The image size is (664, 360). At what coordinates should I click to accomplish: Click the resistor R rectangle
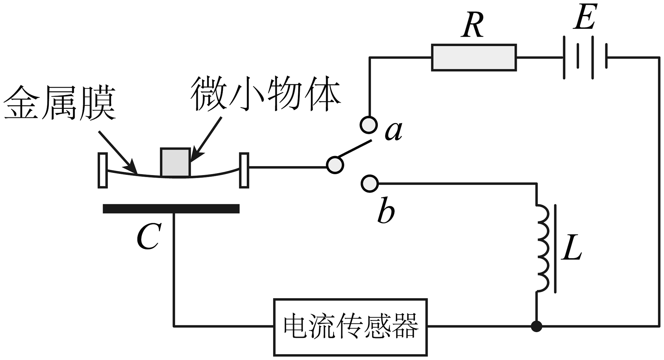pyautogui.click(x=474, y=58)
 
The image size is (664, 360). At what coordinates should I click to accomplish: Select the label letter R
pyautogui.click(x=473, y=26)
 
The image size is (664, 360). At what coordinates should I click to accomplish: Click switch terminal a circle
pyautogui.click(x=369, y=125)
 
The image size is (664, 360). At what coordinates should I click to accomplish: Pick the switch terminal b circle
pyautogui.click(x=369, y=184)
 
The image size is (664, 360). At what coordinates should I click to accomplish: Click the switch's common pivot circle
pyautogui.click(x=335, y=165)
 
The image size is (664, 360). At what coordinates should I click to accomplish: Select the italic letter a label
pyautogui.click(x=394, y=131)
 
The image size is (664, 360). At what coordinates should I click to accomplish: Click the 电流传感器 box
pyautogui.click(x=350, y=327)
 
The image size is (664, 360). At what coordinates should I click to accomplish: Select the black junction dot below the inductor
pyautogui.click(x=536, y=326)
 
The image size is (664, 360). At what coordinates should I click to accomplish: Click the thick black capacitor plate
pyautogui.click(x=171, y=208)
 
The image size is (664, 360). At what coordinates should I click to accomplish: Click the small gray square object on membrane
pyautogui.click(x=175, y=163)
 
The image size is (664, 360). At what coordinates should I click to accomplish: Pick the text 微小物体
pyautogui.click(x=265, y=94)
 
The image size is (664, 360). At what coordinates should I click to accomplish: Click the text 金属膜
pyautogui.click(x=60, y=103)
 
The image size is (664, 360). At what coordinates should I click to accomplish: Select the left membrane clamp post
pyautogui.click(x=103, y=170)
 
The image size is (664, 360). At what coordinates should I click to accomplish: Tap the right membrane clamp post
pyautogui.click(x=244, y=170)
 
